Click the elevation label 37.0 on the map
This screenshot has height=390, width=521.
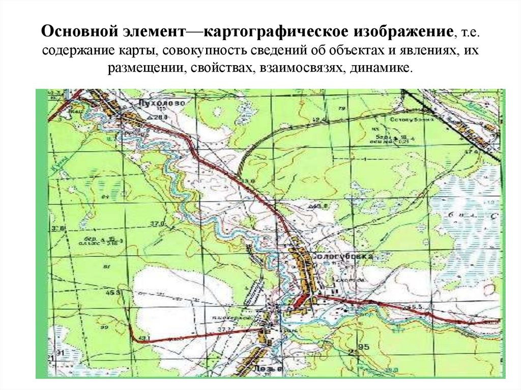click(x=158, y=223)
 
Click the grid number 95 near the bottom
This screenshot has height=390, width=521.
click(x=363, y=347)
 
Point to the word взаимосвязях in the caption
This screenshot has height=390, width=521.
click(x=301, y=68)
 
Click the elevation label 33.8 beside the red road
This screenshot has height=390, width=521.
click(x=248, y=182)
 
